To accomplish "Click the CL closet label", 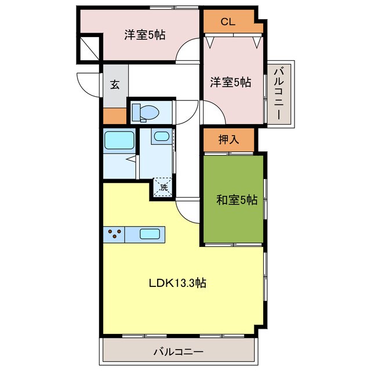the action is pos(228,22).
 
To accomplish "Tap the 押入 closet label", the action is pos(228,139).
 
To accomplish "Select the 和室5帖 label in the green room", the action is pos(237,200).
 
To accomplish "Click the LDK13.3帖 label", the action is pos(177,283).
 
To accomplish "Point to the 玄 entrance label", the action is pos(115,85).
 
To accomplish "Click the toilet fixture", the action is pos(145,112).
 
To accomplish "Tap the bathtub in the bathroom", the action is pos(119,140).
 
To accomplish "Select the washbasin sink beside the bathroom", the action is pos(162,136).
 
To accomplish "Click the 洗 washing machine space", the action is pos(163,187).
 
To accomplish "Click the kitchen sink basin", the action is pos(150,234).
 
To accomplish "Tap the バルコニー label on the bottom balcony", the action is pos(179,352).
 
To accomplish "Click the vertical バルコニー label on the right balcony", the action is pos(279,93).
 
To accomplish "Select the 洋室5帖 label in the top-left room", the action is pos(145,35).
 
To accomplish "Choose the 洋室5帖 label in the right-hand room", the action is pos(231,82).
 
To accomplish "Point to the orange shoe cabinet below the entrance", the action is pos(115,116).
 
